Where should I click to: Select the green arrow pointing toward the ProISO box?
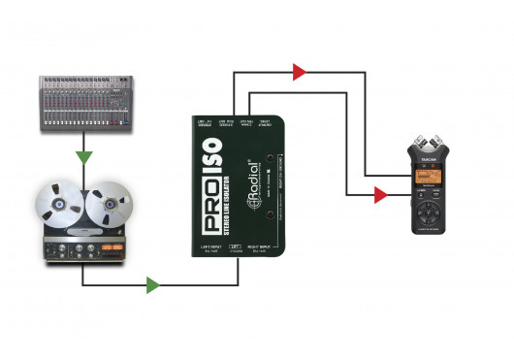152,285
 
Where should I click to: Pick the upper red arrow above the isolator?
300,71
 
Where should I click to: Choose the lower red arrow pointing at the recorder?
380,195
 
